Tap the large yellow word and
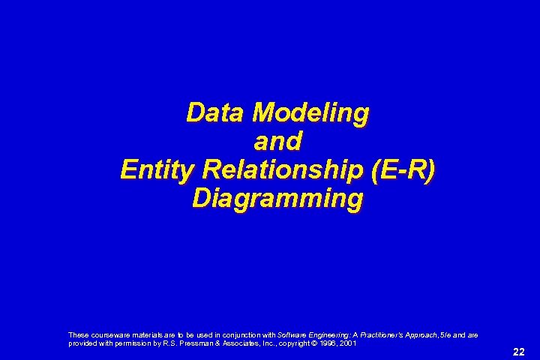point(277,142)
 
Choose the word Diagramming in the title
point(277,199)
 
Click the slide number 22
point(518,351)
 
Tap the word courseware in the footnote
point(103,334)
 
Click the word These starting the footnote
point(77,334)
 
